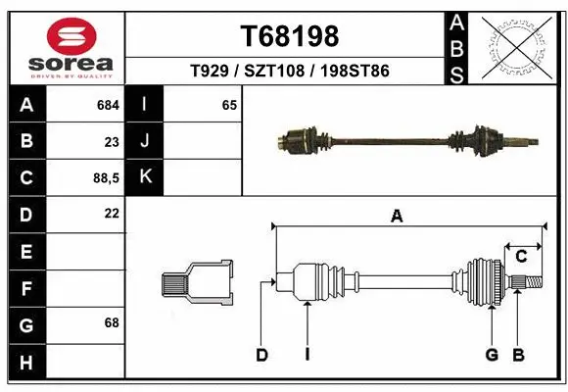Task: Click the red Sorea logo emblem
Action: [x=63, y=36]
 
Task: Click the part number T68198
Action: [x=290, y=36]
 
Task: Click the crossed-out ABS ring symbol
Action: [x=518, y=46]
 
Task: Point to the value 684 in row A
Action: [x=108, y=104]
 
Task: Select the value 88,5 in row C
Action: [x=105, y=177]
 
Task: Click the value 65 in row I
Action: [x=229, y=104]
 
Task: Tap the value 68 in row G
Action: [x=111, y=322]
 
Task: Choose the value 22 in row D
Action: [x=111, y=213]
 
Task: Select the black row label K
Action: [x=145, y=177]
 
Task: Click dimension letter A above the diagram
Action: [x=397, y=217]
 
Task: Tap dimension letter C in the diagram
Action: [x=521, y=257]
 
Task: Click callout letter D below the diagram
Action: [x=261, y=355]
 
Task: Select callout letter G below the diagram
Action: [x=492, y=355]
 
